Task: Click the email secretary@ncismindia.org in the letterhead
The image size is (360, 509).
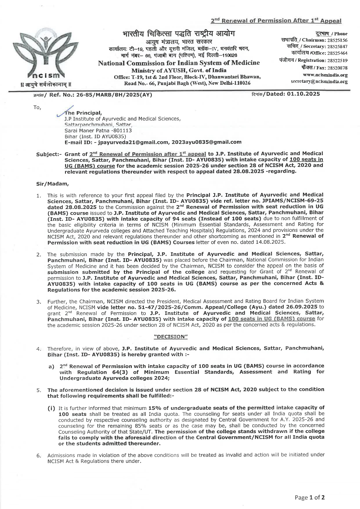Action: click(x=319, y=82)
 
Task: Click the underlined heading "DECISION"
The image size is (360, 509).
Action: click(x=171, y=337)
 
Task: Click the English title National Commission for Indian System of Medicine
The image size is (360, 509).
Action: click(x=179, y=63)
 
